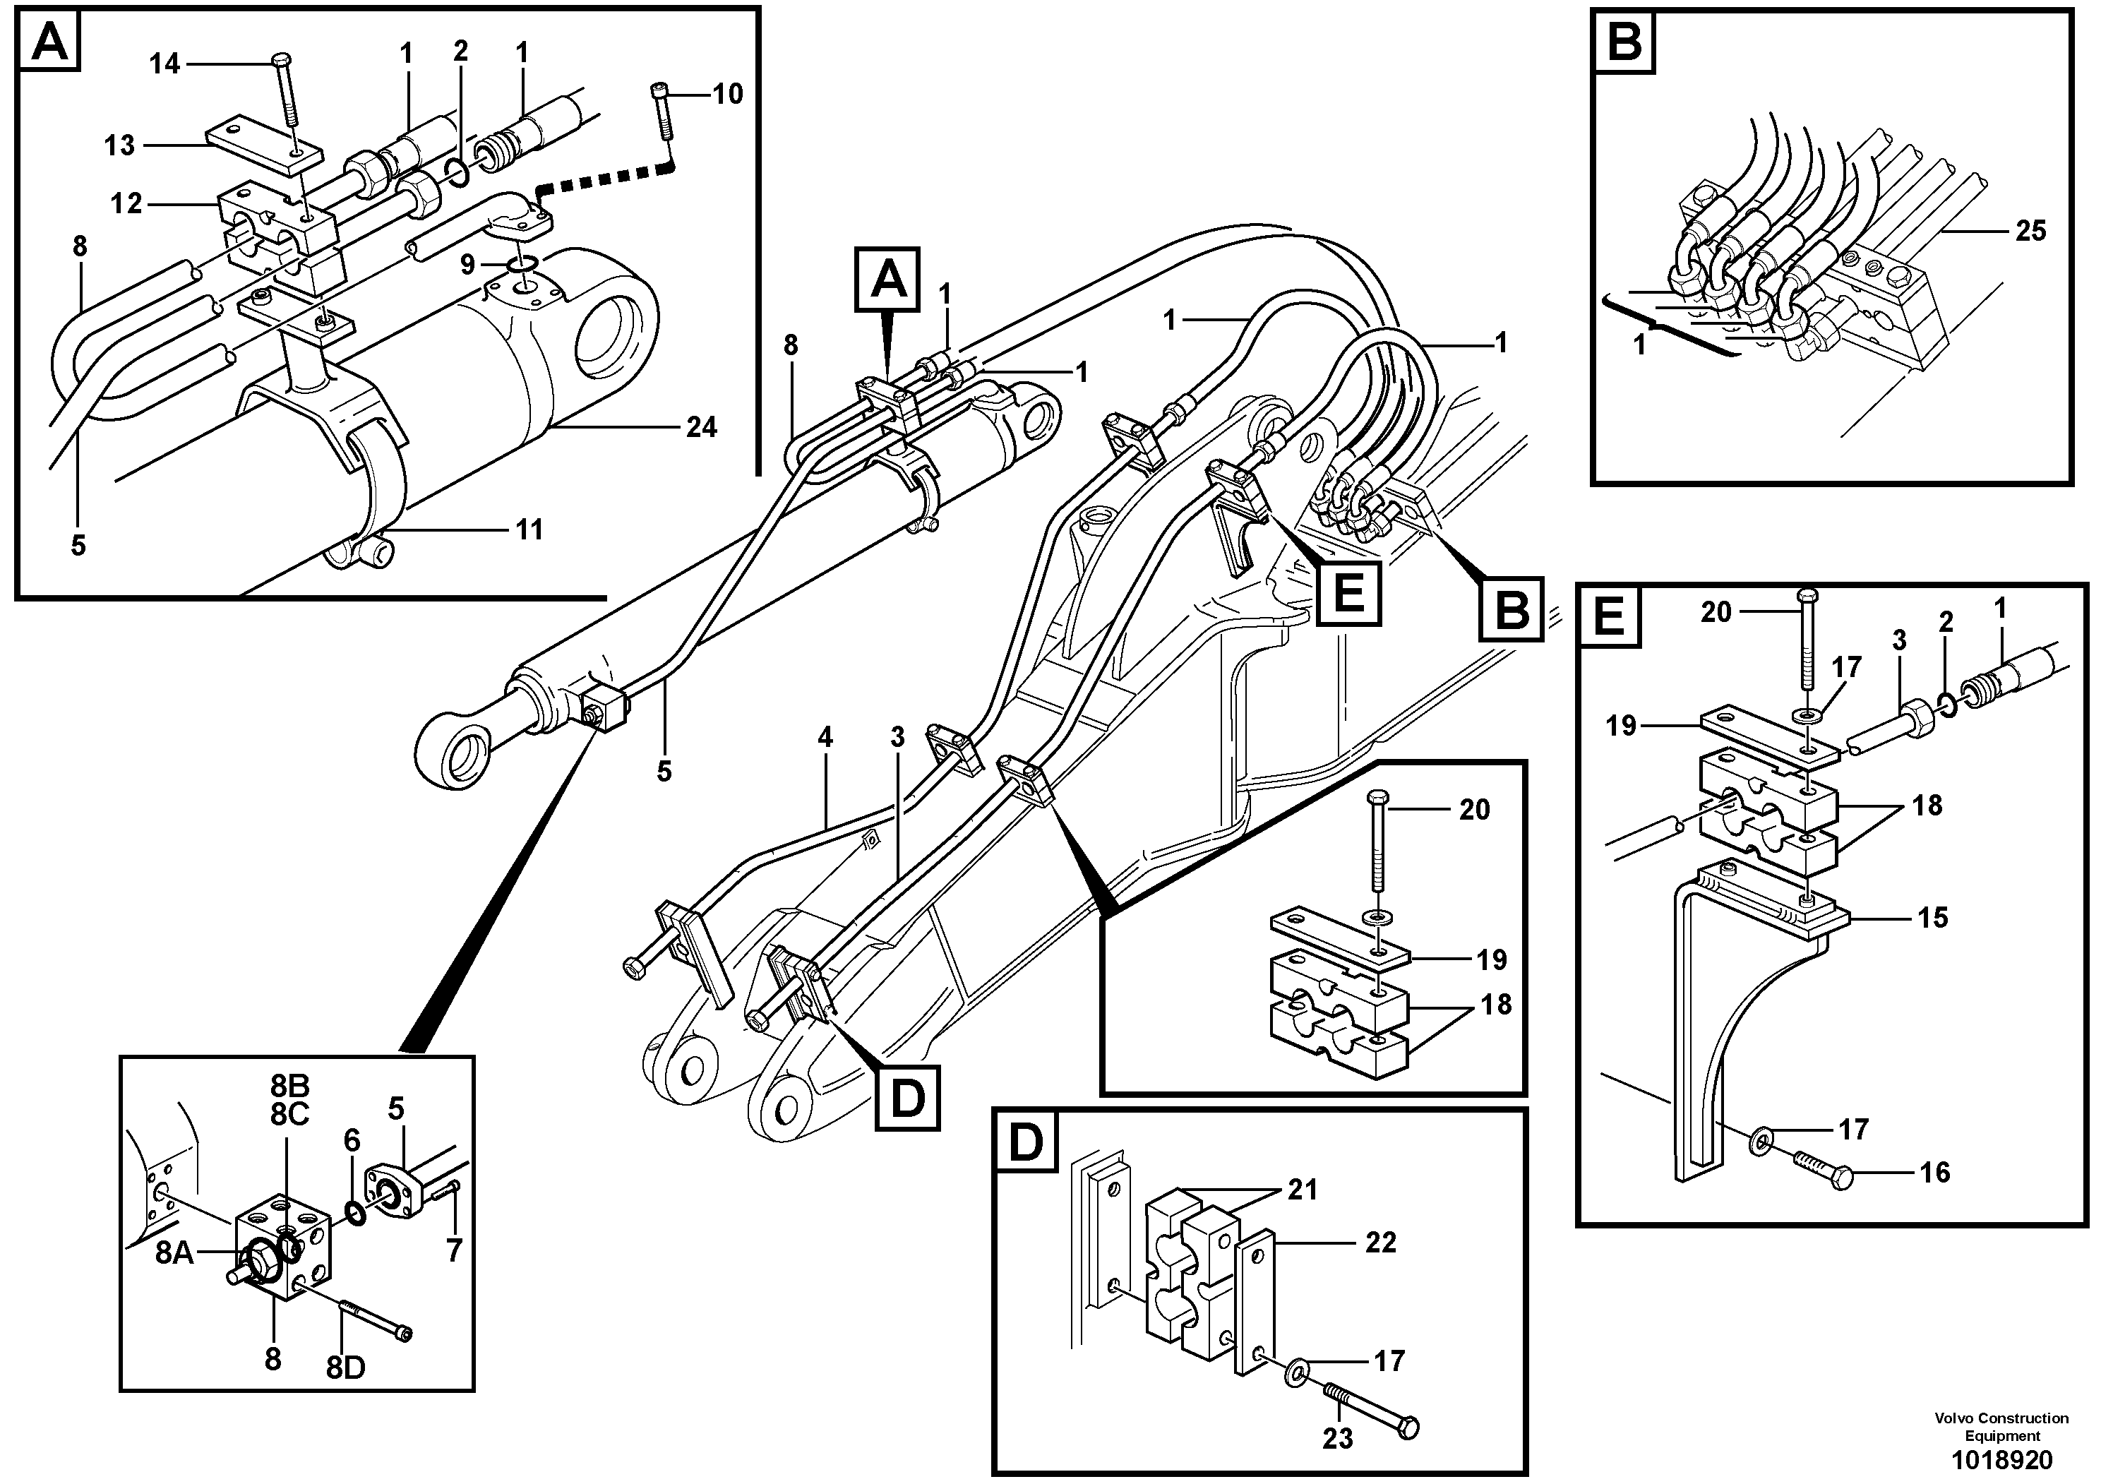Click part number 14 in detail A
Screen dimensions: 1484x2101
point(164,64)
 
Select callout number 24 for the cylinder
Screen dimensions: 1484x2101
point(701,427)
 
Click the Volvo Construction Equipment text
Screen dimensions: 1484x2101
point(2001,1425)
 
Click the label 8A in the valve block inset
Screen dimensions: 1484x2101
point(174,1252)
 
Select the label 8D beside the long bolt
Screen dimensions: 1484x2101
point(346,1368)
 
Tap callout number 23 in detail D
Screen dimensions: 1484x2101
point(1337,1438)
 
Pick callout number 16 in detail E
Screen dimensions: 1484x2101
point(1934,1172)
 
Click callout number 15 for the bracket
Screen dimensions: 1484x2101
point(1933,918)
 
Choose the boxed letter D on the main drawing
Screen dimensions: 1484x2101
point(907,1098)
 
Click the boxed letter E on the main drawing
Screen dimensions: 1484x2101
point(1349,594)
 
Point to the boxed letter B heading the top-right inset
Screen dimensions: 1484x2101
point(1624,42)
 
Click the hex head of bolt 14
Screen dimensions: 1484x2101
point(281,61)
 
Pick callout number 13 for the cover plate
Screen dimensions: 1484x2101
point(119,145)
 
